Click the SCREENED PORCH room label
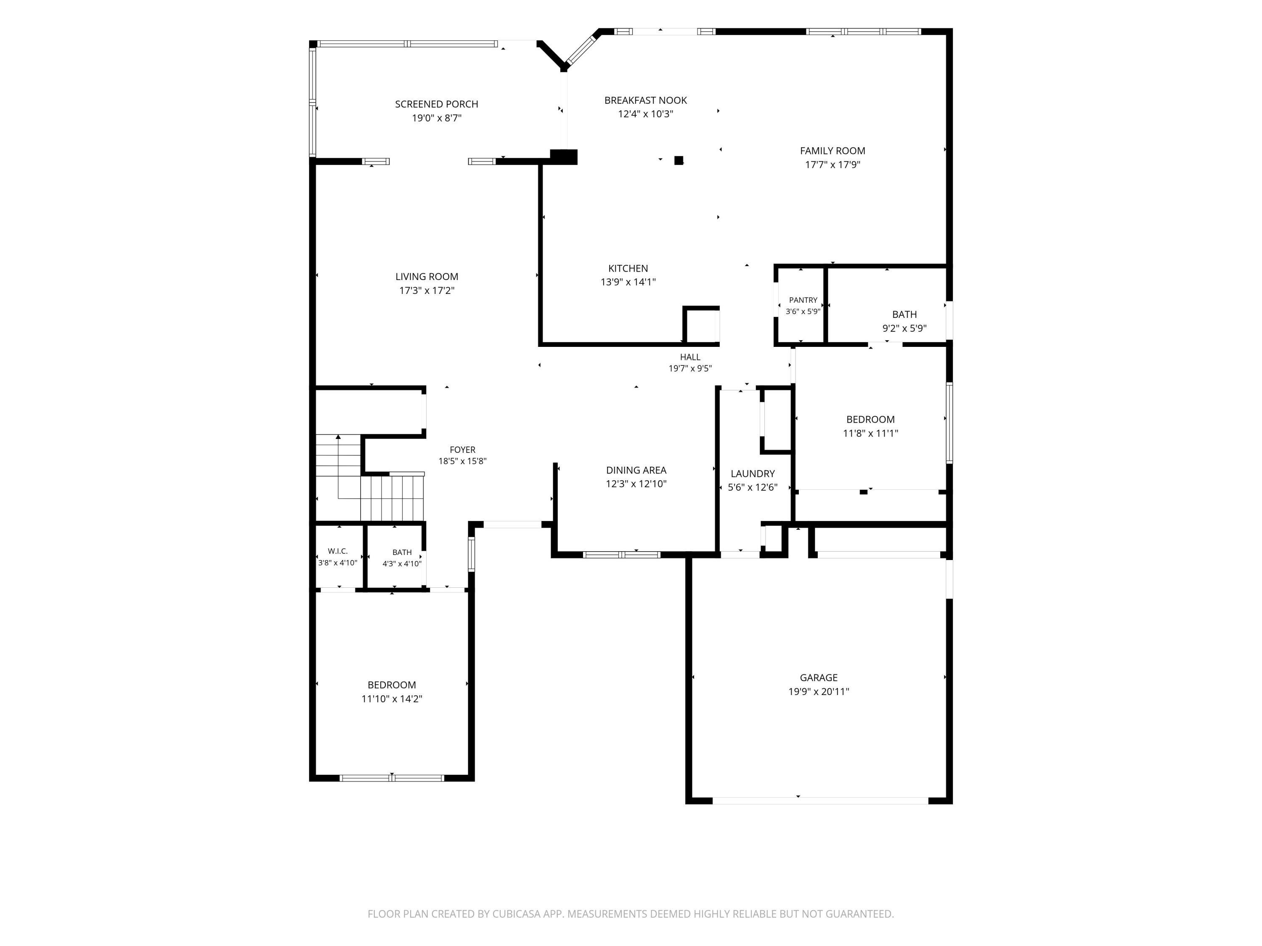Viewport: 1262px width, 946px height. tap(437, 104)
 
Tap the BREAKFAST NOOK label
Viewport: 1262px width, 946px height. tap(645, 100)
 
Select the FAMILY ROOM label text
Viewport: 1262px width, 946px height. tap(832, 151)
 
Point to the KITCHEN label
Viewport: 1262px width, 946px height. tap(628, 269)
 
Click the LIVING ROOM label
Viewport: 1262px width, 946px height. tap(427, 277)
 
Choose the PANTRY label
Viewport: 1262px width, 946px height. tap(803, 300)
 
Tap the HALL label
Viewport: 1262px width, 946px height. tap(690, 357)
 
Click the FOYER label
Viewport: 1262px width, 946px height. tap(462, 450)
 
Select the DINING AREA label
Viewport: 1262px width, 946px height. tap(636, 470)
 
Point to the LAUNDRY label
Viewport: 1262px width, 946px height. tap(753, 474)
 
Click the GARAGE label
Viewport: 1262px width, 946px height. tap(819, 678)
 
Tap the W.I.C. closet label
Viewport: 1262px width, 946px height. tap(338, 551)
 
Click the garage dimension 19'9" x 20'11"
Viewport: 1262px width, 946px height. tap(819, 692)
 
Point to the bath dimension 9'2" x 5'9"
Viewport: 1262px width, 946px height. tap(904, 328)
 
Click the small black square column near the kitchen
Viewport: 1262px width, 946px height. tap(679, 161)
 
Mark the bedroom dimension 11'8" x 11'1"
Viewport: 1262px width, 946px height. tap(871, 433)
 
